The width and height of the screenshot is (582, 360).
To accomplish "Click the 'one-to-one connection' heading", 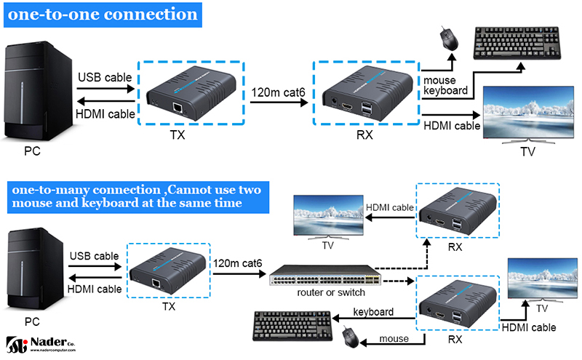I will pos(103,15).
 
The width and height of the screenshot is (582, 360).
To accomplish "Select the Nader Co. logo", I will pos(40,343).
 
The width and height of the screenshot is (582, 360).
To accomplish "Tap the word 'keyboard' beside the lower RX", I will pos(373,312).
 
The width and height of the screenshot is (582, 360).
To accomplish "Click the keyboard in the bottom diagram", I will pos(291,326).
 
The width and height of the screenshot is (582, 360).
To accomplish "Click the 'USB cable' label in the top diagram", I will pos(105,77).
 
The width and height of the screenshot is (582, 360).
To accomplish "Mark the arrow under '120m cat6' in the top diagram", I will pos(276,104).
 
